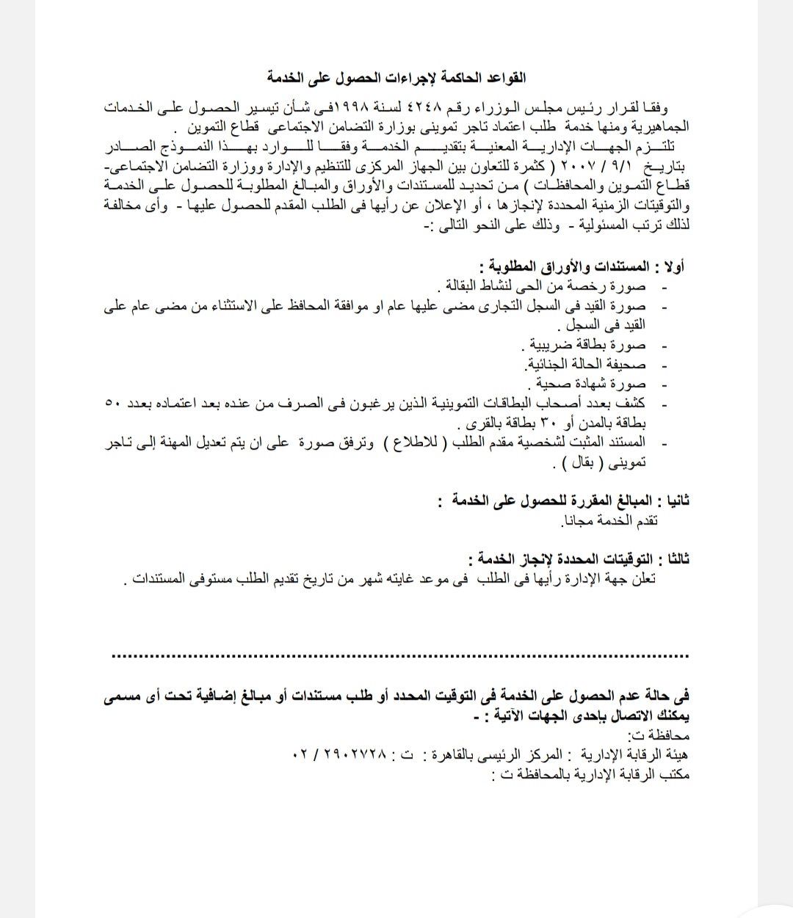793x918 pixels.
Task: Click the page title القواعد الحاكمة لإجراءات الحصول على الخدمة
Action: pos(396,76)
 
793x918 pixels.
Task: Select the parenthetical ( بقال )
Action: pos(580,463)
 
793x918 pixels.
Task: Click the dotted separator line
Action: pos(400,655)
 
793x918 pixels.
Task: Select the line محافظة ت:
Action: pos(659,735)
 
